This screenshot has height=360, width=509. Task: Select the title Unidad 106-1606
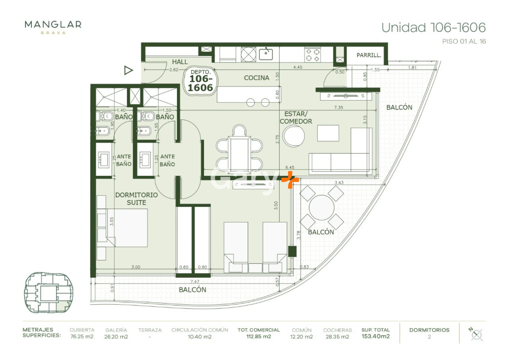(433, 28)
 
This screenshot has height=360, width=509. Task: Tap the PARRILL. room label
(368, 55)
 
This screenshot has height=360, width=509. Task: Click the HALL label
(180, 62)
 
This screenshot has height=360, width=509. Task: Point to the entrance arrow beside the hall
(129, 70)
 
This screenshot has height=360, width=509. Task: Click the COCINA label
(256, 78)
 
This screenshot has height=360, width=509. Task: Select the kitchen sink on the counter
(266, 54)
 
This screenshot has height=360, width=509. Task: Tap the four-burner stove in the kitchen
(313, 54)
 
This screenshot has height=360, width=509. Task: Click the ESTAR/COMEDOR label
(298, 118)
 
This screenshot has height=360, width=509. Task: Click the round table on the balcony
(322, 208)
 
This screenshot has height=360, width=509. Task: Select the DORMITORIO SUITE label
(136, 199)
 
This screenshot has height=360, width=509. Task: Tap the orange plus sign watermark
(290, 180)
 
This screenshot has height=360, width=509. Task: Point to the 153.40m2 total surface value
(375, 337)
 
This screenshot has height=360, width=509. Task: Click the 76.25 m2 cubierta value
(82, 337)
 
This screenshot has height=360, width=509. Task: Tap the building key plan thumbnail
(49, 292)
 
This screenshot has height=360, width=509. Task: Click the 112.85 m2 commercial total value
(258, 337)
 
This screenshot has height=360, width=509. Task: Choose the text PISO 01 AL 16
(464, 42)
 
